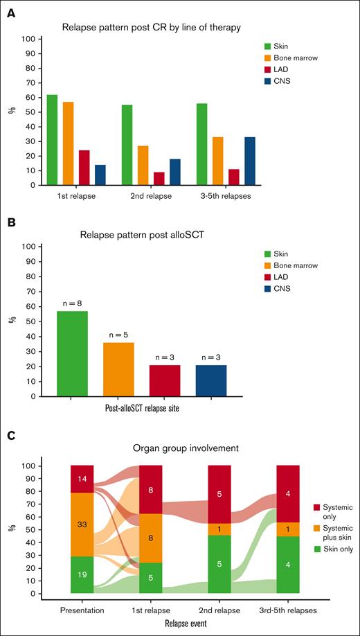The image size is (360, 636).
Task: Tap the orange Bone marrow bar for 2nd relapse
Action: (143, 166)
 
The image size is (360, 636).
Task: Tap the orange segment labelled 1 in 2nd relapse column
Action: (220, 529)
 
